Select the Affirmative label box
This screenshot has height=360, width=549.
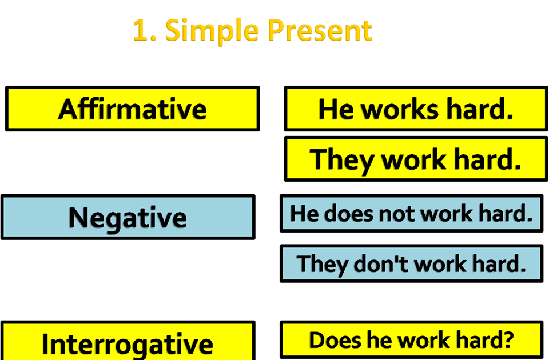point(132,109)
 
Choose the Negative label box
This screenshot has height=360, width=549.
point(128,217)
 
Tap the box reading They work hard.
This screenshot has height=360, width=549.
point(416,159)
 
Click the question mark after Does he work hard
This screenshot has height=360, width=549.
point(508,340)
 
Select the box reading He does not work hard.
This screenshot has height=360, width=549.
point(411,213)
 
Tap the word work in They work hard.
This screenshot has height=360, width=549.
point(415,159)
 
